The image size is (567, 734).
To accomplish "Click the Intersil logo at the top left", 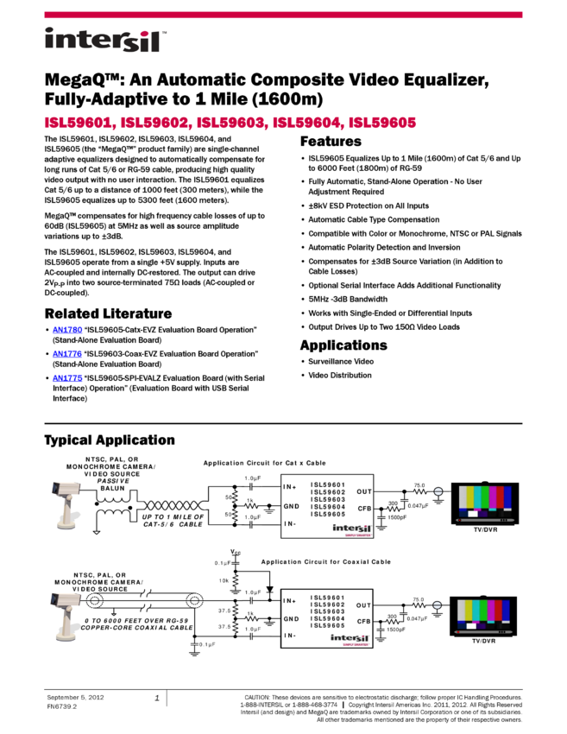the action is tap(105, 41).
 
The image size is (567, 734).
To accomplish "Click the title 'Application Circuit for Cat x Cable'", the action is tap(264, 464).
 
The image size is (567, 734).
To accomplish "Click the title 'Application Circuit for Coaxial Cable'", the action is tap(325, 562).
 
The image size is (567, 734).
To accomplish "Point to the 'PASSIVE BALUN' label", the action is tap(113, 484).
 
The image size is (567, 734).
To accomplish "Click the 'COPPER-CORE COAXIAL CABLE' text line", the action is tap(136, 629).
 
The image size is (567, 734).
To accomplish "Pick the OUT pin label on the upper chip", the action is tap(364, 492).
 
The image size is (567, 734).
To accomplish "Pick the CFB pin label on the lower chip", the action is tap(364, 621).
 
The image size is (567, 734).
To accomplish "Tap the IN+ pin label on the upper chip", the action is tap(289, 487).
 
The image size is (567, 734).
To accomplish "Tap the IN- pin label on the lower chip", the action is tap(289, 636).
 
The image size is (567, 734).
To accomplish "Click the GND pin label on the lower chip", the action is tap(291, 619).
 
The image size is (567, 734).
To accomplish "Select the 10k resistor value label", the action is tap(224, 580).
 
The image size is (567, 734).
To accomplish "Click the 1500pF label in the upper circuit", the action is tap(397, 517).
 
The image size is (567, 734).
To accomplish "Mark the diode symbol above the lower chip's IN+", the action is tap(269, 591).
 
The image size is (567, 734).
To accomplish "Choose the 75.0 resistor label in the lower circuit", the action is tap(420, 598).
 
